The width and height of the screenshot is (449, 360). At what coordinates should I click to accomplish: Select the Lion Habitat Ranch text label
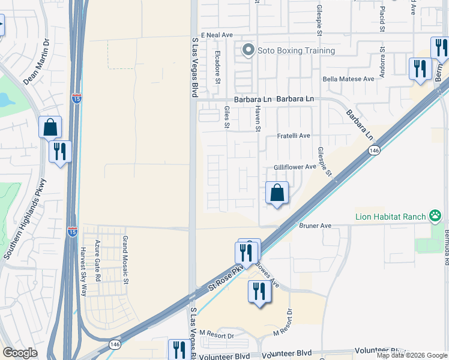(x=390, y=216)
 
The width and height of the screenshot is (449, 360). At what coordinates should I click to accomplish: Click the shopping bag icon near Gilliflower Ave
(x=277, y=193)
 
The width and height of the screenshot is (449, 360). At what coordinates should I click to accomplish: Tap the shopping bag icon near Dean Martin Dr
(x=50, y=127)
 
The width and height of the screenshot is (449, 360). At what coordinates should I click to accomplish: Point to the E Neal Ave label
(x=217, y=35)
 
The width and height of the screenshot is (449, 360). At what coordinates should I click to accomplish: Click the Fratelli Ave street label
(x=294, y=136)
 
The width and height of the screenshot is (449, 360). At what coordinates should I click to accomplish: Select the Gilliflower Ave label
(x=295, y=167)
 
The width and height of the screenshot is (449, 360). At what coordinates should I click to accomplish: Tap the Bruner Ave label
(x=315, y=226)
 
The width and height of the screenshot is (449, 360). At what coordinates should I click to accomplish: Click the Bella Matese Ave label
(x=348, y=79)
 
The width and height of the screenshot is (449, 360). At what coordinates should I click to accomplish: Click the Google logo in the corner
(x=20, y=353)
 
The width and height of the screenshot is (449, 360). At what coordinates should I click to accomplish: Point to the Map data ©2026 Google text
(x=411, y=355)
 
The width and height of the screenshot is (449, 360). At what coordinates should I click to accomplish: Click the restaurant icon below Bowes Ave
(x=259, y=292)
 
